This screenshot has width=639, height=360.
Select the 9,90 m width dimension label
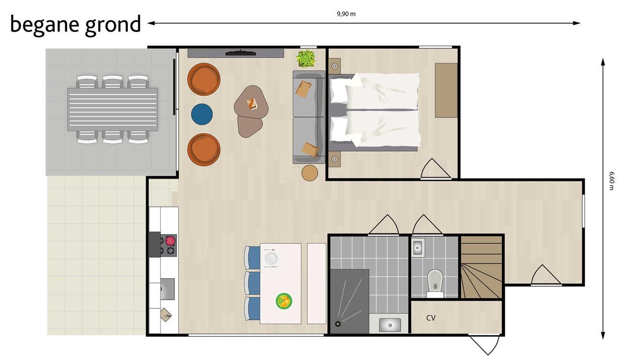(346, 14)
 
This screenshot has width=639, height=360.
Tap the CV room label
(431, 318)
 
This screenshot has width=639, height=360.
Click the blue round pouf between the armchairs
(203, 114)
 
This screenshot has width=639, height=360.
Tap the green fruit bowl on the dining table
(284, 301)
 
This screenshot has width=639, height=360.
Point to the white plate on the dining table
(271, 258)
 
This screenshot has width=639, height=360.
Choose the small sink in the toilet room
(417, 247)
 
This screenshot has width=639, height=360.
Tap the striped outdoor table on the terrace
(113, 109)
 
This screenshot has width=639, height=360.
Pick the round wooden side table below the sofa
(310, 173)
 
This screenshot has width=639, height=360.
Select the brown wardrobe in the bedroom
(446, 90)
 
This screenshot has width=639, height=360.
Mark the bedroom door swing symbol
(436, 169)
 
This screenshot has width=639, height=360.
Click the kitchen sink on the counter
(167, 289)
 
